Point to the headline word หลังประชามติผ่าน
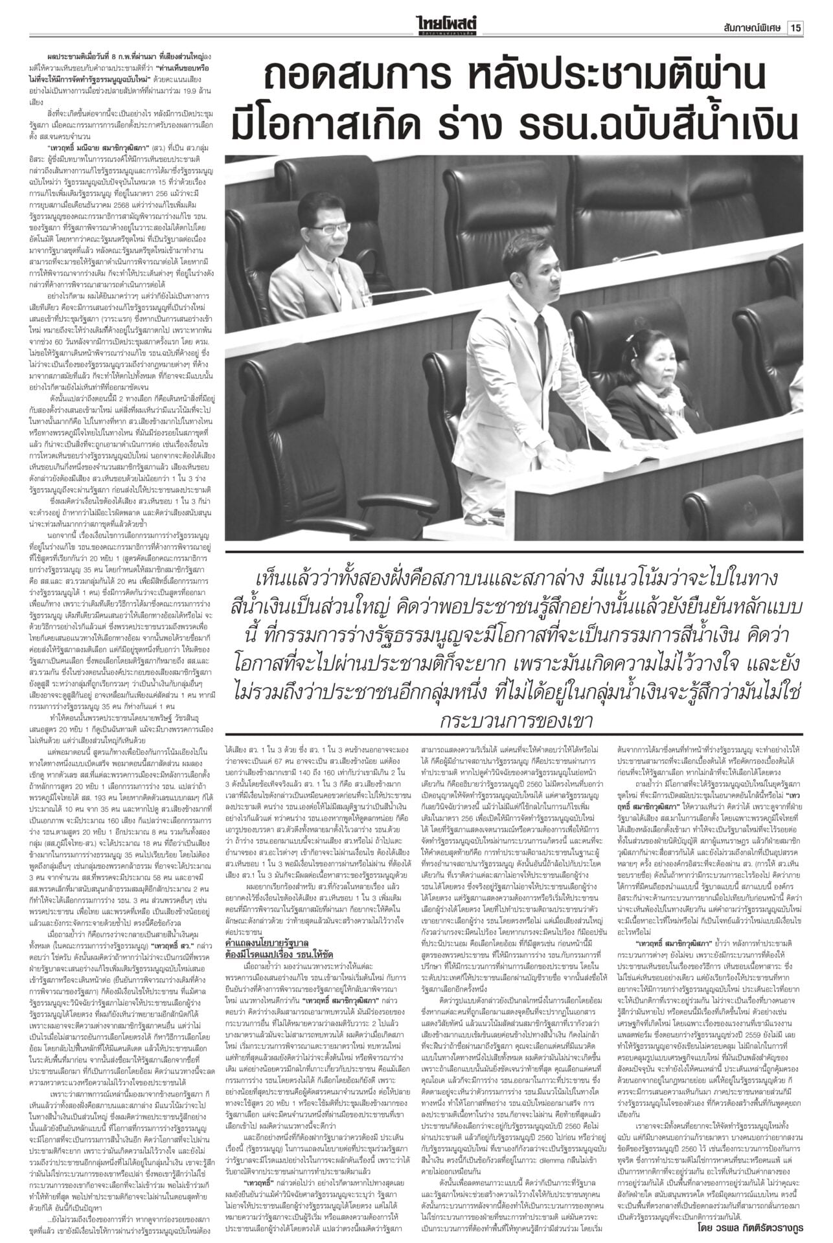pyautogui.click(x=576, y=80)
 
